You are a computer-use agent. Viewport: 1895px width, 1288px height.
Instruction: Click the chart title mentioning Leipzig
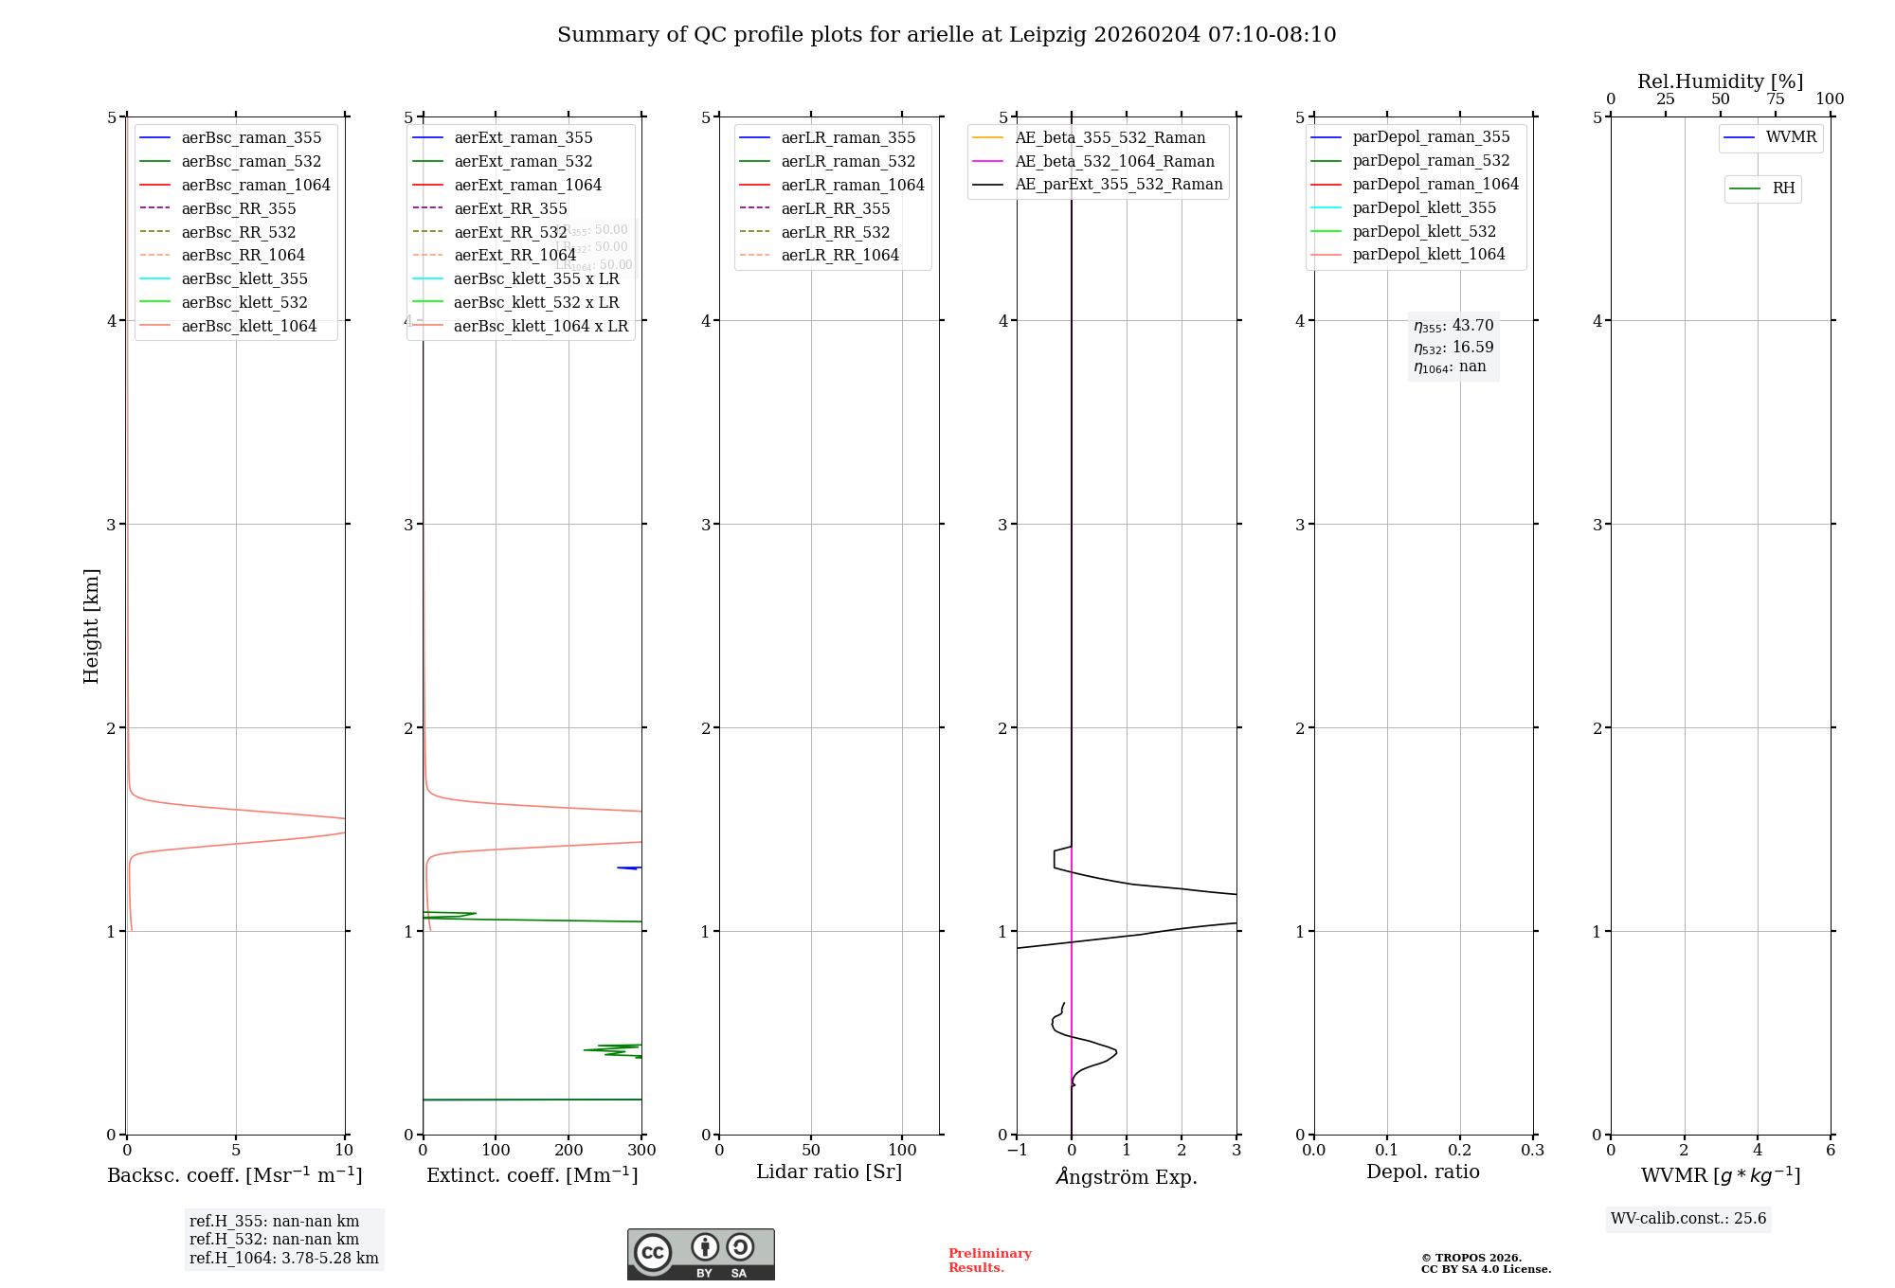947,35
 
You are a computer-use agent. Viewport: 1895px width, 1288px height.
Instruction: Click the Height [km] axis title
91,626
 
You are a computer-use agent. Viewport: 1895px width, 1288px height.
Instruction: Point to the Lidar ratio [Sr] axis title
829,1172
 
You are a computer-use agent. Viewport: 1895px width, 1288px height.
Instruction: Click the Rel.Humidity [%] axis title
1720,81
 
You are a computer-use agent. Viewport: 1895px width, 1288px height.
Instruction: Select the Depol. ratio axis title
1422,1172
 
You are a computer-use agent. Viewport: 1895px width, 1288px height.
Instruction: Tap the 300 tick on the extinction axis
641,1151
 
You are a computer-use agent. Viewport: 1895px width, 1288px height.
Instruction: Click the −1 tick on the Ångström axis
1017,1151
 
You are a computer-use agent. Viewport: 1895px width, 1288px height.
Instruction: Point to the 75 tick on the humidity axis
1775,99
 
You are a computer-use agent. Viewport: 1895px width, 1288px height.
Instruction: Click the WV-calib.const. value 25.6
1688,1219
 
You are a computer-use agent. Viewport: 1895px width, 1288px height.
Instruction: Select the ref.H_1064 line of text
283,1259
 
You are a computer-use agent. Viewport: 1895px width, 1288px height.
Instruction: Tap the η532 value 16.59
1453,348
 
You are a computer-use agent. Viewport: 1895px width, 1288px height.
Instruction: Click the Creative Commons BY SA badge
700,1255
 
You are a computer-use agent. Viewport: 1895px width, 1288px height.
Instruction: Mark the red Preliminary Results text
989,1261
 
